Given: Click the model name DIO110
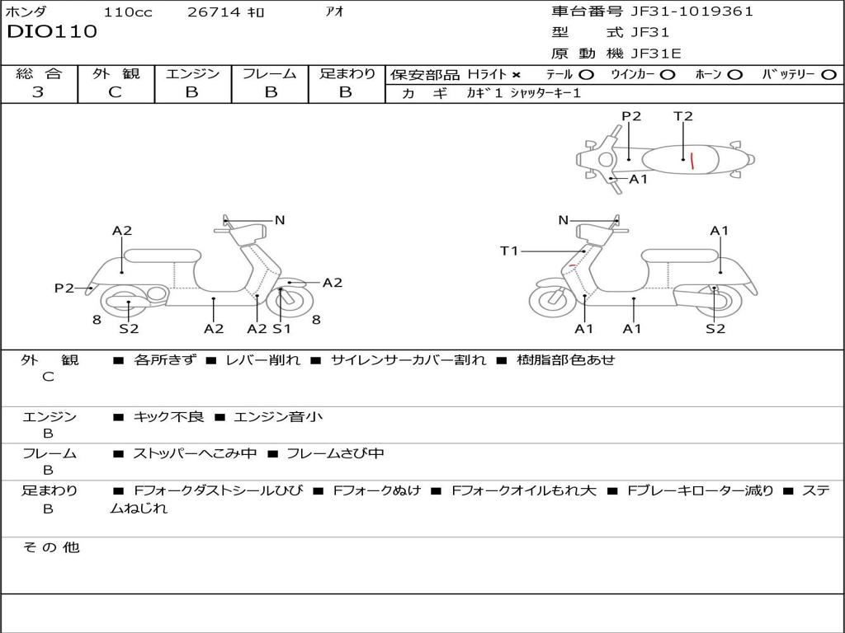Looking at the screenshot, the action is (x=52, y=32).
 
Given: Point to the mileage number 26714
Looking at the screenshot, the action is (x=214, y=12).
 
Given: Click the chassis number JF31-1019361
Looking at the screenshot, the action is (x=692, y=12).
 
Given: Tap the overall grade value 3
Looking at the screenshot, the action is (x=38, y=92).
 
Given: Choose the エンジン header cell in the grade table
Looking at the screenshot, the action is (x=192, y=74).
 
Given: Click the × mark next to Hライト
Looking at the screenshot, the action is (x=516, y=75).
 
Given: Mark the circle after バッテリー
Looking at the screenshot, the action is (x=828, y=75).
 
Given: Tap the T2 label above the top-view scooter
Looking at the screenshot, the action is (x=682, y=116).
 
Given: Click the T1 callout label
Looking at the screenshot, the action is (x=509, y=251).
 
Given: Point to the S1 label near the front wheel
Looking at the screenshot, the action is (x=281, y=329).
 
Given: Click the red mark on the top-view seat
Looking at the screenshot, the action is (x=692, y=160).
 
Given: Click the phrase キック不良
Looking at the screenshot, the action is (x=168, y=417).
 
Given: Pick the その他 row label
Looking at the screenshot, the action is (x=50, y=547).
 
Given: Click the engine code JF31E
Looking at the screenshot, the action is (x=656, y=54).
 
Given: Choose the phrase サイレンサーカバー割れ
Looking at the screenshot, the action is (x=408, y=360).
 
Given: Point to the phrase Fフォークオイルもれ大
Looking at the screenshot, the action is (x=524, y=490).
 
